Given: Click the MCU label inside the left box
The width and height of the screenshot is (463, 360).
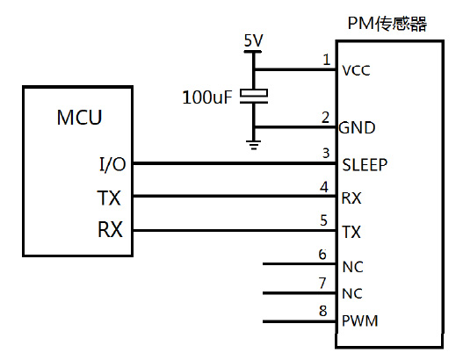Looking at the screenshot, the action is pyautogui.click(x=79, y=118).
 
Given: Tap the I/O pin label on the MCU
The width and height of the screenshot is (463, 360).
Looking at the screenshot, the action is pyautogui.click(x=112, y=164).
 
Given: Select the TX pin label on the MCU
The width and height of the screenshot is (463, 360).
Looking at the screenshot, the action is pyautogui.click(x=109, y=198).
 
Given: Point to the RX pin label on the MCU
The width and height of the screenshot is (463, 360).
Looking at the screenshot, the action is pyautogui.click(x=110, y=229).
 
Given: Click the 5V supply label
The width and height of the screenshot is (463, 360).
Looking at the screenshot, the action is pyautogui.click(x=253, y=40).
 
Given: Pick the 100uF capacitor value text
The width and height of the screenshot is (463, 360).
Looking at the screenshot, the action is pyautogui.click(x=207, y=97).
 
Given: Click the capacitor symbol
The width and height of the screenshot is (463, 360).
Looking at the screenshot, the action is pyautogui.click(x=254, y=97).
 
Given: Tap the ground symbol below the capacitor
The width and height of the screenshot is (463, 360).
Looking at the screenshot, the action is pyautogui.click(x=254, y=145).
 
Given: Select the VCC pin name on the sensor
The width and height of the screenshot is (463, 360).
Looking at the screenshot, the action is pyautogui.click(x=356, y=71).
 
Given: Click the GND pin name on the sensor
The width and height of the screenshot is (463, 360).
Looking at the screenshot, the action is pyautogui.click(x=357, y=128).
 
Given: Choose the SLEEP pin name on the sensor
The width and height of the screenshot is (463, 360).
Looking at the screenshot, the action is pyautogui.click(x=365, y=165).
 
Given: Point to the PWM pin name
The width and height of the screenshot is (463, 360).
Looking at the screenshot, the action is pyautogui.click(x=359, y=320).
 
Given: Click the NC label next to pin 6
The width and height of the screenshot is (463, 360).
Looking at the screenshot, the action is pyautogui.click(x=352, y=267).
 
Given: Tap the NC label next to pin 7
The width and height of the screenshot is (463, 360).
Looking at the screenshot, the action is pyautogui.click(x=352, y=294).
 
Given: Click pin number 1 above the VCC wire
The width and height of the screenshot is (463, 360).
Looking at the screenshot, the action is pyautogui.click(x=326, y=60).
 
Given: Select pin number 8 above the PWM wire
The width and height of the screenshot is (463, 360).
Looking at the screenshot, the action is pyautogui.click(x=323, y=311).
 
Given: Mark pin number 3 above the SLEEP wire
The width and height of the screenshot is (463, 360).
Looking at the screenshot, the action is pyautogui.click(x=326, y=153).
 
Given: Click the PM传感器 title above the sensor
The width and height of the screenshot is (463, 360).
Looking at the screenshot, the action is pyautogui.click(x=387, y=24).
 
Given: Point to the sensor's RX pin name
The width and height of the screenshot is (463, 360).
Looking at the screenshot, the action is pyautogui.click(x=351, y=198).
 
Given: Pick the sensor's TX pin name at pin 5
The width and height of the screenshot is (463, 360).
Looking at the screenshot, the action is pyautogui.click(x=351, y=232).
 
